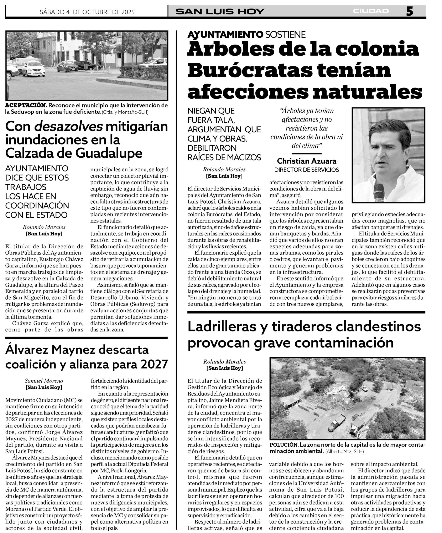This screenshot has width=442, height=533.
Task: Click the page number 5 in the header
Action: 409,11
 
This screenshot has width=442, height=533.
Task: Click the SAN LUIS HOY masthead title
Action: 220,12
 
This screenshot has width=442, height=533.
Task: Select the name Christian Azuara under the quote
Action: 306,161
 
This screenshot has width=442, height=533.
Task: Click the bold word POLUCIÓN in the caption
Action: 284,445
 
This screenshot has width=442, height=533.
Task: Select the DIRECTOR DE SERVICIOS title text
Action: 306,170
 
